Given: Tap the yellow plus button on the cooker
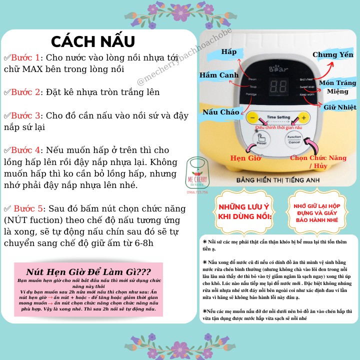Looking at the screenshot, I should (303, 118).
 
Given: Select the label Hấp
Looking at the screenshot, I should (229, 52).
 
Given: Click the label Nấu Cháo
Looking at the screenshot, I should (220, 112).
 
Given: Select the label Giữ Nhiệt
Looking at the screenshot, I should (339, 107).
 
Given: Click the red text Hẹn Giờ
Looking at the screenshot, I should (245, 158).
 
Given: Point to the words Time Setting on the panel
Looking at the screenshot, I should (278, 117).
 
